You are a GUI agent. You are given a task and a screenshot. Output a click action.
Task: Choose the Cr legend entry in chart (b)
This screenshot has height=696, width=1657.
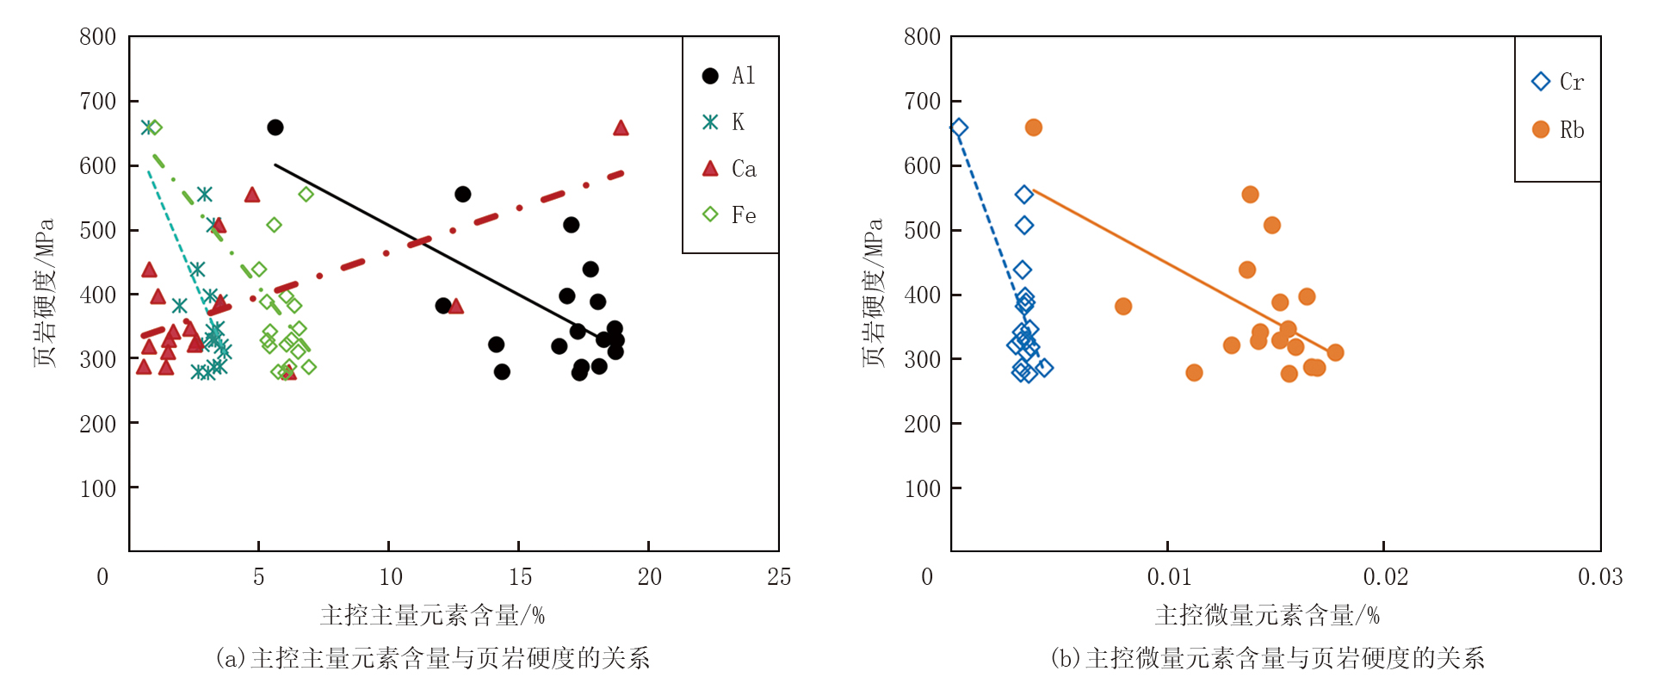[x=1558, y=82]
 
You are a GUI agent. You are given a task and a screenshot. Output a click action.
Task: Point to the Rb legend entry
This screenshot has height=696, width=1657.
[x=1558, y=130]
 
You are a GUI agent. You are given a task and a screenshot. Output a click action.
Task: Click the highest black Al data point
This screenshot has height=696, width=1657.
[x=275, y=127]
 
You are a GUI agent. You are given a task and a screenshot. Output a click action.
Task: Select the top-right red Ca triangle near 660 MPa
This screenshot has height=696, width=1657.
[x=621, y=128]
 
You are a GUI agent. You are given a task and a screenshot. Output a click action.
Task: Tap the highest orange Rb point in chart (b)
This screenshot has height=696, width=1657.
[x=1034, y=127]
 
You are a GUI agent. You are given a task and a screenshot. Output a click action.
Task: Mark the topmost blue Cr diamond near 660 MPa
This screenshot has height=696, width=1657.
[x=959, y=128]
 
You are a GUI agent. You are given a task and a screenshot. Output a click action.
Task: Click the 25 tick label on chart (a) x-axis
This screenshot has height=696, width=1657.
[x=779, y=577]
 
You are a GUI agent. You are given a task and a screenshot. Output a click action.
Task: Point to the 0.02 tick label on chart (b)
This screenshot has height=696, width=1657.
[x=1385, y=577]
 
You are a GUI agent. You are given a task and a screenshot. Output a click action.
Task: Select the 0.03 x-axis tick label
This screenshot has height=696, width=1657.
[x=1600, y=577]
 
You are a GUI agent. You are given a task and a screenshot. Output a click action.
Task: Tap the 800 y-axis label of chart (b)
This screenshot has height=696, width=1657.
[x=922, y=37]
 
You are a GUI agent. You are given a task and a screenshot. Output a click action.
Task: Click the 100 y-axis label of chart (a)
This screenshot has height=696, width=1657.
[x=97, y=489]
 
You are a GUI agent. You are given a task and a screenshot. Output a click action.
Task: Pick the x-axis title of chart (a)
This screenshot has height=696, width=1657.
[x=432, y=615]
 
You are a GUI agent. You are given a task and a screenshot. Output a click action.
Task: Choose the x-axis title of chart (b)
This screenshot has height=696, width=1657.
[x=1267, y=615]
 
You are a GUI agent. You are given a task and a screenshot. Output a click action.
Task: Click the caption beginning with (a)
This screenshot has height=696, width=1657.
[x=432, y=658]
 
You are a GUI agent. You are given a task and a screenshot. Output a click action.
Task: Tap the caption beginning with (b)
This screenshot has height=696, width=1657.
[x=1267, y=658]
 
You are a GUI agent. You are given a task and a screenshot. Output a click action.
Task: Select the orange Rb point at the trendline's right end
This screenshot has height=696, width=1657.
[x=1335, y=352]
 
